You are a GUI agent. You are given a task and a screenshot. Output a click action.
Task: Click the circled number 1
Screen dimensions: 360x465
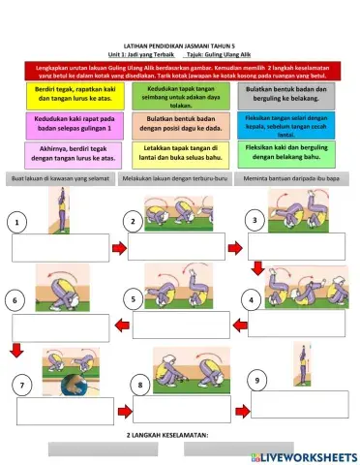pos(17,224)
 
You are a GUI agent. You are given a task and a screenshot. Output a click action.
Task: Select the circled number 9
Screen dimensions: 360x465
pos(255,380)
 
